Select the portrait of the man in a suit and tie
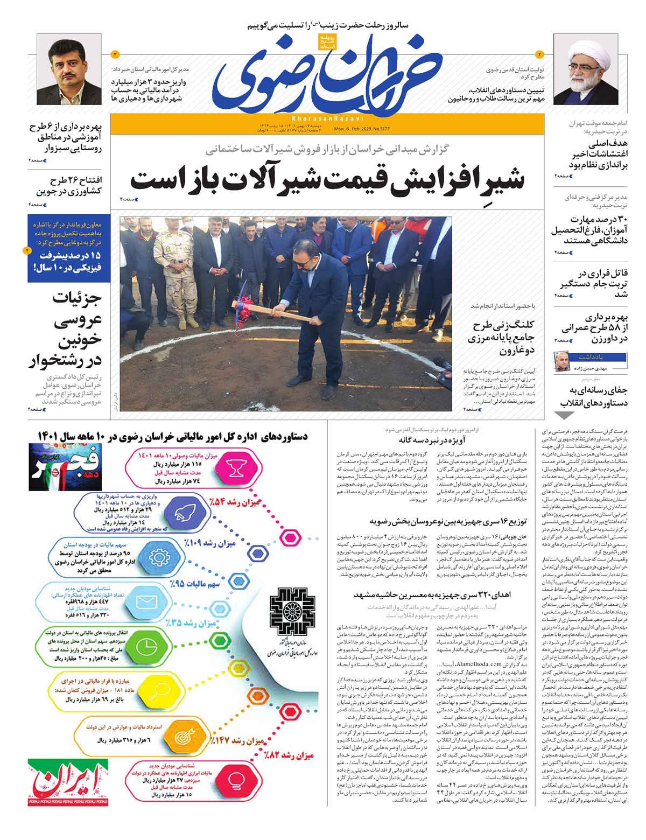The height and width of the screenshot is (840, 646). pos(69,69)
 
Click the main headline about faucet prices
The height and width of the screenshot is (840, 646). pos(327,180)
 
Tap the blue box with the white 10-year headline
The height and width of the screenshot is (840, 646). pos(69,248)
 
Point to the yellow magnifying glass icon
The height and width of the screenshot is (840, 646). pos(160,691)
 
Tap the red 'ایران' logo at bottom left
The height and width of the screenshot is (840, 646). pos(68,782)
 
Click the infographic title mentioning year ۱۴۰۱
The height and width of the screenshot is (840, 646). pos(173,436)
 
